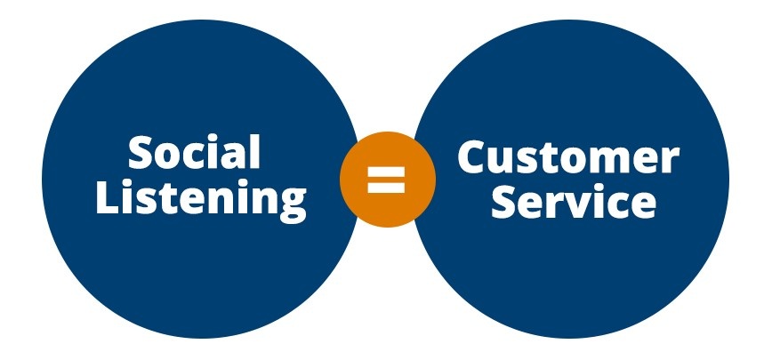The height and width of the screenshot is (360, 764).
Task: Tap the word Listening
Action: pyautogui.click(x=201, y=199)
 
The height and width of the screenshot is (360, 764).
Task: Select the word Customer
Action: pyautogui.click(x=568, y=158)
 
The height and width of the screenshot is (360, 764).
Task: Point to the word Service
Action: pyautogui.click(x=574, y=202)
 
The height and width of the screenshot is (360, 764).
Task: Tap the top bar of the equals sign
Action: pyautogui.click(x=387, y=169)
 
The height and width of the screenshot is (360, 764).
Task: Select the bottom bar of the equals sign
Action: pyautogui.click(x=387, y=187)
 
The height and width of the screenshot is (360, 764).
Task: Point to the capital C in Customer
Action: pyautogui.click(x=474, y=158)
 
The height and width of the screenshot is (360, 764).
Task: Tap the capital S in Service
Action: pyautogui.click(x=506, y=202)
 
